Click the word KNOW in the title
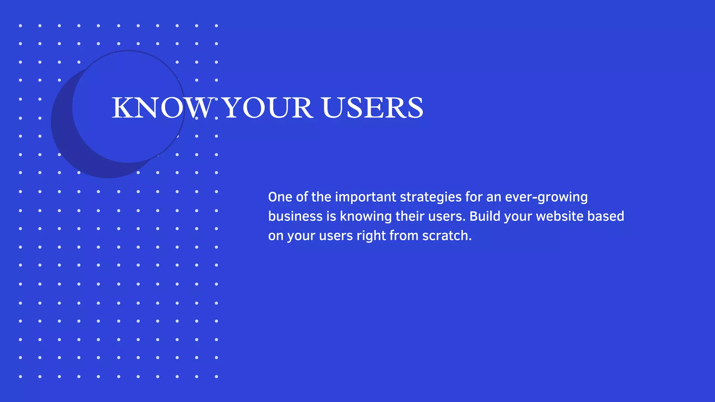click(x=162, y=108)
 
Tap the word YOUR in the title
click(x=267, y=108)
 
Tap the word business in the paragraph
click(x=295, y=216)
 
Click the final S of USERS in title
click(x=415, y=108)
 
